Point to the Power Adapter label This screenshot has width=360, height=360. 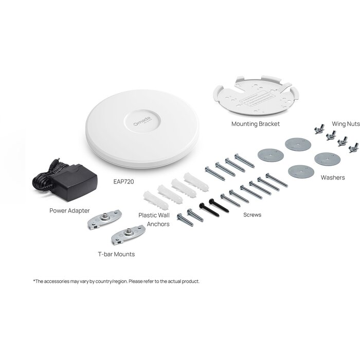[69, 210]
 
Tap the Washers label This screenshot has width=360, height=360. [333, 177]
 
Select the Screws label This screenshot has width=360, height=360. [252, 214]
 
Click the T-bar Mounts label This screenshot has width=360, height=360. [116, 254]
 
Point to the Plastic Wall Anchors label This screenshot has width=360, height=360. [154, 219]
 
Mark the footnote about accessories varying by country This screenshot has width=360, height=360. [116, 281]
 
